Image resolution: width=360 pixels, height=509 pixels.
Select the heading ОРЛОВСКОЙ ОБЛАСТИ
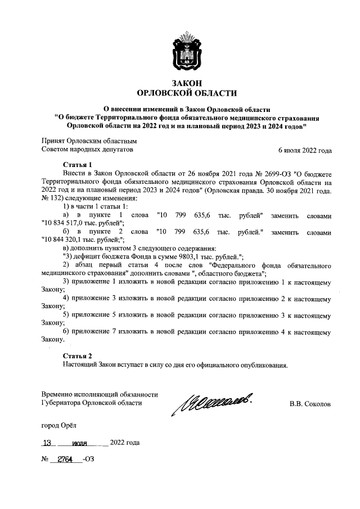(x=187, y=93)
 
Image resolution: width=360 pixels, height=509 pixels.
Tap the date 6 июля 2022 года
(x=305, y=151)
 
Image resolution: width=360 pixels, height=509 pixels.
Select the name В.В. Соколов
(x=310, y=404)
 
